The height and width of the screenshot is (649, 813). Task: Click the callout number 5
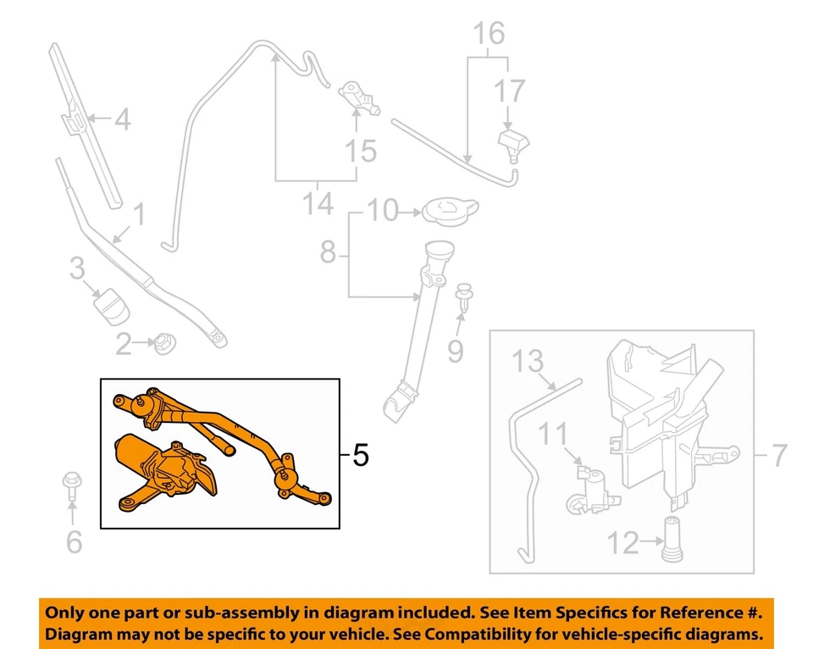360,457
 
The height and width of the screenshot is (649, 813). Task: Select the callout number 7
779,457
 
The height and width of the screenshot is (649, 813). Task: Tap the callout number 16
489,34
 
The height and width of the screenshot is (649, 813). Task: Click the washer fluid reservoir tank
656,415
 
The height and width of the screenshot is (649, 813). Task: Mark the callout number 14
318,203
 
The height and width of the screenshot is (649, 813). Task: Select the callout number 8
328,252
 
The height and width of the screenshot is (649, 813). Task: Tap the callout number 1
137,214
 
